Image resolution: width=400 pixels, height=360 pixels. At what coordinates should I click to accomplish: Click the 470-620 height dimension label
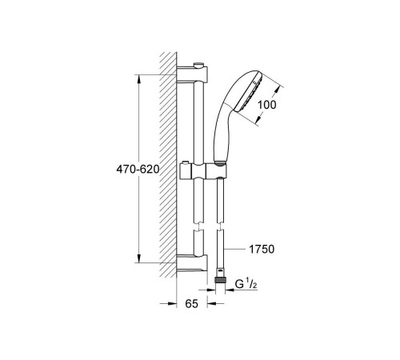pyautogui.click(x=138, y=169)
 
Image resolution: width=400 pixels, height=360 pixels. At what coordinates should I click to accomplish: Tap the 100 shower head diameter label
pyautogui.click(x=266, y=105)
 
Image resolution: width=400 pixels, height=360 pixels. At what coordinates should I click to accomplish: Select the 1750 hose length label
pyautogui.click(x=262, y=249)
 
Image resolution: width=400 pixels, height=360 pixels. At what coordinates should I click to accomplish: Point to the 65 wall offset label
pyautogui.click(x=192, y=303)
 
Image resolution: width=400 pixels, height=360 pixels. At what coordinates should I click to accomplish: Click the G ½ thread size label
pyautogui.click(x=246, y=284)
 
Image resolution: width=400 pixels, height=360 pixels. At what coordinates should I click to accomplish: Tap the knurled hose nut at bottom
pyautogui.click(x=220, y=281)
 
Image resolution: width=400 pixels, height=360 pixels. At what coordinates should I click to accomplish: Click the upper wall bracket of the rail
pyautogui.click(x=192, y=74)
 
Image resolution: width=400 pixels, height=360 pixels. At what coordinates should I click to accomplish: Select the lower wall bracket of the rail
pyautogui.click(x=192, y=264)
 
